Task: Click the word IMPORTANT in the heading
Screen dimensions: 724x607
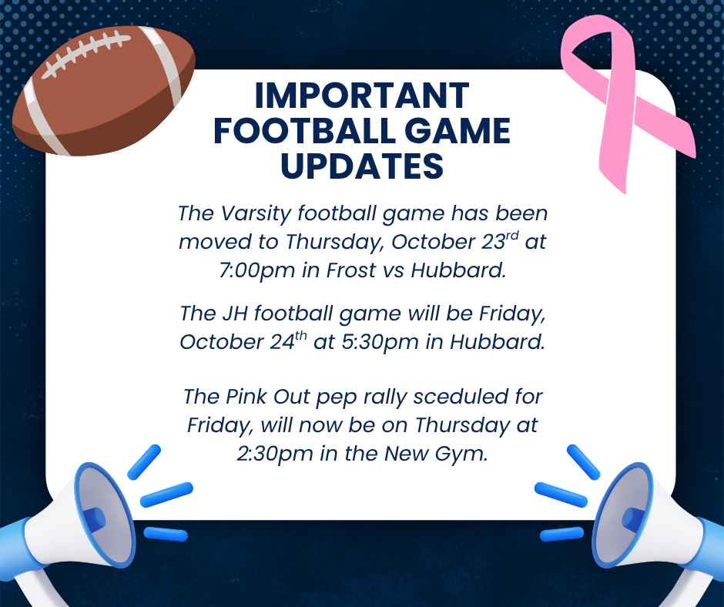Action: coord(362,96)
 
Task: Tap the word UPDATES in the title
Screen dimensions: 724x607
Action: coord(362,166)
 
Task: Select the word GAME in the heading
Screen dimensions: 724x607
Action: coord(458,131)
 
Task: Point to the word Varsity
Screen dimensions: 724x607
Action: coord(256,214)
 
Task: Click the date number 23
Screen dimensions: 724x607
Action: coord(493,242)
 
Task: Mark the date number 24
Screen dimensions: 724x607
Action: coord(282,342)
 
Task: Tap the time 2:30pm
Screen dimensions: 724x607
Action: coord(275,454)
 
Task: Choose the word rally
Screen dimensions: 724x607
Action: coord(385,397)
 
